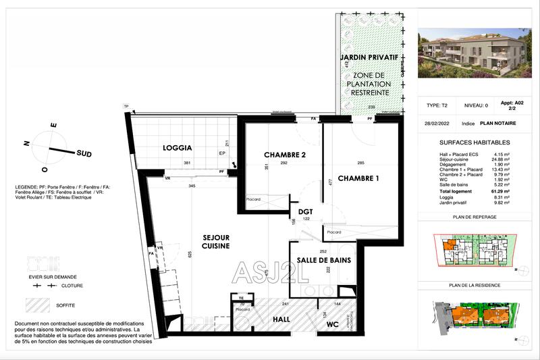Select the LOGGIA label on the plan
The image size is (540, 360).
(x=178, y=148)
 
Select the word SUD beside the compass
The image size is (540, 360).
(x=84, y=153)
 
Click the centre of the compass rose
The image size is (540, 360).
(x=47, y=146)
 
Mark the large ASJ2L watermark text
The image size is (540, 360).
(x=270, y=271)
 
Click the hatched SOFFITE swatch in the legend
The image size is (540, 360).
(x=38, y=305)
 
